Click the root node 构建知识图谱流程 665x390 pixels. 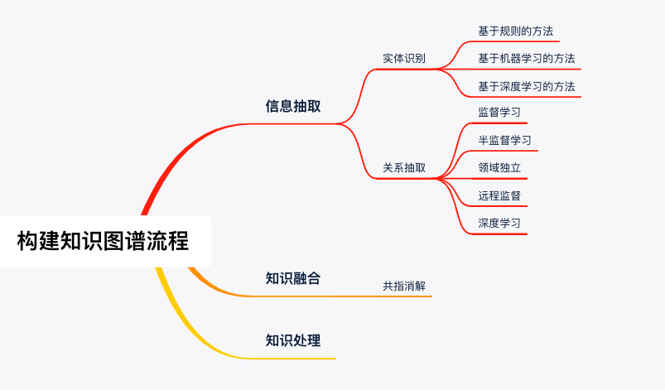pos(104,241)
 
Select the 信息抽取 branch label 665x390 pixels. pos(293,106)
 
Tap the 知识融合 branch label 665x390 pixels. pos(293,278)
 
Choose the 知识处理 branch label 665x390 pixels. pos(293,340)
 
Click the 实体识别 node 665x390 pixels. pos(404,59)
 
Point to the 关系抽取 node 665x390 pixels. pos(404,167)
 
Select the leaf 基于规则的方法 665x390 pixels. pos(515,31)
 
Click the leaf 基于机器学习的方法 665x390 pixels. pos(526,59)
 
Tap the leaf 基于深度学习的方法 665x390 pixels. pos(526,86)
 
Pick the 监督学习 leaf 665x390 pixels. pos(499,113)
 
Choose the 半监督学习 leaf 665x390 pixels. pos(504,140)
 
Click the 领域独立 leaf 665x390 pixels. pos(499,167)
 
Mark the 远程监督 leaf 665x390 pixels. pos(499,195)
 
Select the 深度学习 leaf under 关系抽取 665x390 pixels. pos(499,224)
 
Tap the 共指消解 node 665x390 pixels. pos(404,286)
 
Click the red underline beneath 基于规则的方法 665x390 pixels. pos(515,41)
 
